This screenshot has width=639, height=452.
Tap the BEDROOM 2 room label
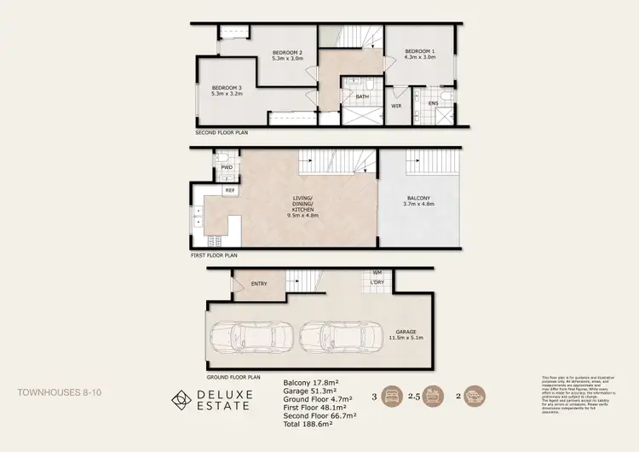pyautogui.click(x=287, y=55)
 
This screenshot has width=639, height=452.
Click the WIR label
pyautogui.click(x=396, y=106)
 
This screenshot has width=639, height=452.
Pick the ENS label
pyautogui.click(x=433, y=103)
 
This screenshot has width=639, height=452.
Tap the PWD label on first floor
pyautogui.click(x=227, y=168)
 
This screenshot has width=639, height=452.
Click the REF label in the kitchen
pyautogui.click(x=229, y=190)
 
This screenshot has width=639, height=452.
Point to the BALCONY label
pyautogui.click(x=418, y=201)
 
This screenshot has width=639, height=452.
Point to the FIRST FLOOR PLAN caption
pyautogui.click(x=214, y=254)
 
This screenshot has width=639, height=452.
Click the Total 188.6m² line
pyautogui.click(x=308, y=424)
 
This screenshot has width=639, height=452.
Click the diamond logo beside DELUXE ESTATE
pyautogui.click(x=181, y=399)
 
